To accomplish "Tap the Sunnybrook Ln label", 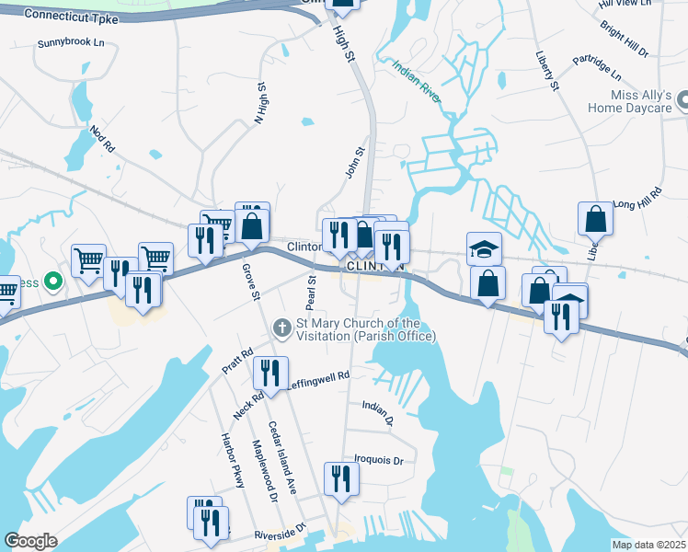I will (70, 43).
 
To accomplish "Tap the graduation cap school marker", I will (484, 248).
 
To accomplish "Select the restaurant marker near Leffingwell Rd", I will (269, 373).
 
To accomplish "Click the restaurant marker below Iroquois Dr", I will (341, 478).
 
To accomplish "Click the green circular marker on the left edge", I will (53, 282).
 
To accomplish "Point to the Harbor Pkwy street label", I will (231, 460).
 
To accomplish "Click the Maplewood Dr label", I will (266, 469).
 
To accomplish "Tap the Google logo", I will (30, 541).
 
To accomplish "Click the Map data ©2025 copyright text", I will (648, 545).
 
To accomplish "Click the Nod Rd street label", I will (101, 139).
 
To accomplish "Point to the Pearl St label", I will (310, 292).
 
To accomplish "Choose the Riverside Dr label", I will (279, 534).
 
